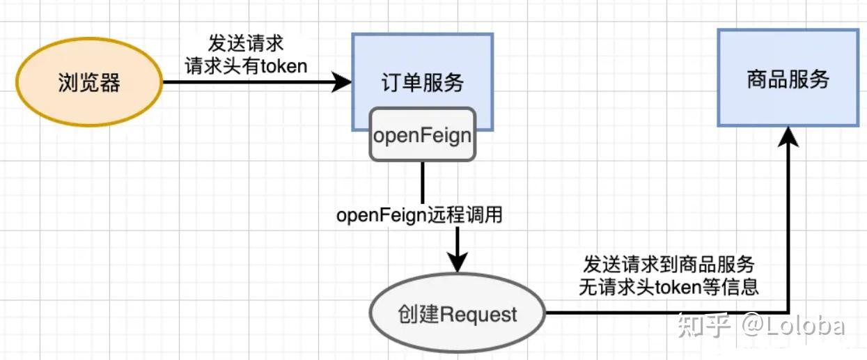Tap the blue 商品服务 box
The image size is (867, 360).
click(x=788, y=78)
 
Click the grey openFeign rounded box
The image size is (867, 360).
click(x=422, y=135)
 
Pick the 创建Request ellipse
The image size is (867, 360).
click(x=457, y=314)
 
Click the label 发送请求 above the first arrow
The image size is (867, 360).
click(x=245, y=43)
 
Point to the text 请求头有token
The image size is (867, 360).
click(x=245, y=65)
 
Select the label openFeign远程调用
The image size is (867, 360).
click(x=419, y=215)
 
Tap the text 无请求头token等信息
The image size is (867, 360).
click(x=669, y=287)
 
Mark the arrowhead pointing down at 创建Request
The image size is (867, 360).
click(x=457, y=263)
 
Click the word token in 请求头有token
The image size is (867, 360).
click(x=283, y=65)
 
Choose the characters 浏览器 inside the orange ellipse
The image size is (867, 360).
click(x=88, y=84)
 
